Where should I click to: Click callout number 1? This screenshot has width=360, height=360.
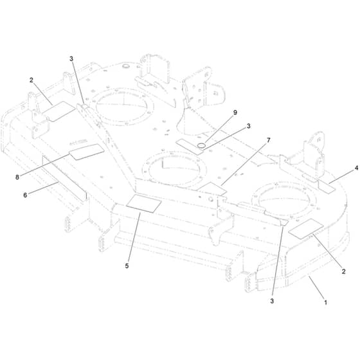(x=325, y=302)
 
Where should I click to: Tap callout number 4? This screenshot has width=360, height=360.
(x=356, y=168)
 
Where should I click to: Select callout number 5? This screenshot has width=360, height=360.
(x=127, y=266)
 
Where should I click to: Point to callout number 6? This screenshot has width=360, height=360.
(x=25, y=195)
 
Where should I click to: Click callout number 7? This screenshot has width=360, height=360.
(x=269, y=140)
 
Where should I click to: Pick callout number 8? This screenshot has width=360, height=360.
(x=17, y=177)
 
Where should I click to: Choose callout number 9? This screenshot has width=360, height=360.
(x=235, y=113)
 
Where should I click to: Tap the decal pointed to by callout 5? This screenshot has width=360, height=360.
(x=144, y=203)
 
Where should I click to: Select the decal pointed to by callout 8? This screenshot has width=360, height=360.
(x=87, y=152)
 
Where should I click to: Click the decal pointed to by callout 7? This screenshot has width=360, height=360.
(x=213, y=189)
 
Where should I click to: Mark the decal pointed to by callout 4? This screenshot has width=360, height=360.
(x=326, y=186)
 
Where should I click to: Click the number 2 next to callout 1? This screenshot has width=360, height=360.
(x=343, y=271)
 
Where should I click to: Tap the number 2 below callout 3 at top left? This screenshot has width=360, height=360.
(x=32, y=80)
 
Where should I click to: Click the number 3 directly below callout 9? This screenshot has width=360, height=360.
(x=248, y=126)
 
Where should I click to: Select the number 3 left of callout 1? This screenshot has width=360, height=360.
(x=272, y=301)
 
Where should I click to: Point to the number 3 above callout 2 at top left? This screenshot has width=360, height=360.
(x=71, y=59)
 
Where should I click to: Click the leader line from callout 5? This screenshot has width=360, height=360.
(x=134, y=237)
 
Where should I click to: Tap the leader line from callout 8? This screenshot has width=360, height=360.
(x=44, y=165)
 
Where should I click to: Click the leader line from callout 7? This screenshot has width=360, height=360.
(x=244, y=164)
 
